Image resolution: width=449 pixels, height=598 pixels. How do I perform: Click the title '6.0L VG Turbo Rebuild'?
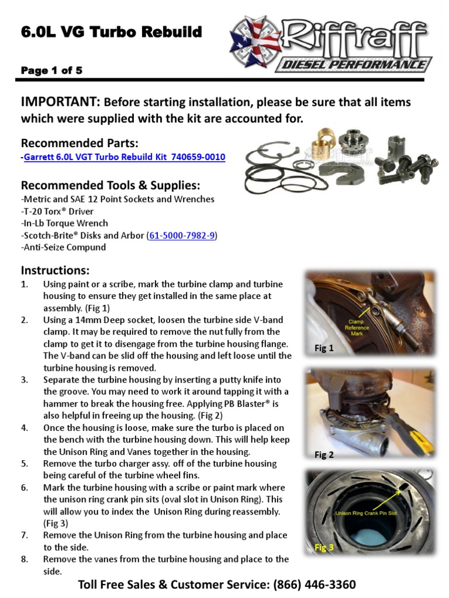(111, 32)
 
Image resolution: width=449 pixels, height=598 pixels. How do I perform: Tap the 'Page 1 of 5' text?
(51, 71)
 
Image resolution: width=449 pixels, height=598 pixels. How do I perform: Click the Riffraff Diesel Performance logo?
(331, 44)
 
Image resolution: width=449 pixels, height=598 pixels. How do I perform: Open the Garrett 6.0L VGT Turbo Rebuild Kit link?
(125, 158)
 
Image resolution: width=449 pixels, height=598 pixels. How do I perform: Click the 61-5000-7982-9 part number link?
(182, 235)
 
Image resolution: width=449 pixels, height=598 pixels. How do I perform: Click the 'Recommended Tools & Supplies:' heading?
(110, 186)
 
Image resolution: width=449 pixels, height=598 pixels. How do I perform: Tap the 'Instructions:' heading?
(56, 270)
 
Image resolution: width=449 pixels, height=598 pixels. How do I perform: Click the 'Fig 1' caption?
(323, 349)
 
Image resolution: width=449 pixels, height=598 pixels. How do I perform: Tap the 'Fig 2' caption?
(323, 455)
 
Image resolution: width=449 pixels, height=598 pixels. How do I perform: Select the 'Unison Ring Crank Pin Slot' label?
(365, 513)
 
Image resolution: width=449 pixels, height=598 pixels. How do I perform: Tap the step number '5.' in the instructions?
(25, 464)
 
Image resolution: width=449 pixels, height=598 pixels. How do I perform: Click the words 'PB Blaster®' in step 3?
(246, 404)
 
